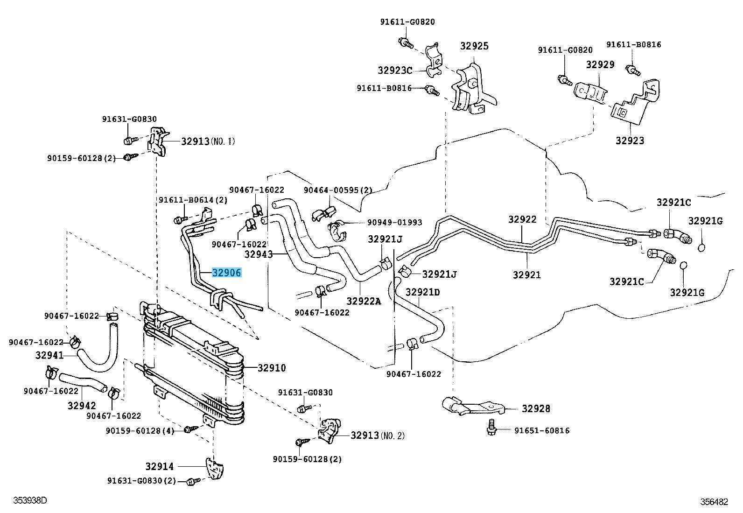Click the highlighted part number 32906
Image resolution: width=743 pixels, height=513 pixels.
pyautogui.click(x=227, y=273)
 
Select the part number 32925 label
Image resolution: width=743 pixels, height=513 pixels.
pyautogui.click(x=474, y=46)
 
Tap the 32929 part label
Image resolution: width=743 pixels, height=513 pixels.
pyautogui.click(x=600, y=64)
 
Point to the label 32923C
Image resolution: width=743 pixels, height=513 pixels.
pyautogui.click(x=395, y=70)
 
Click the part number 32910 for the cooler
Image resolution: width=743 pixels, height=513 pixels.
pyautogui.click(x=272, y=368)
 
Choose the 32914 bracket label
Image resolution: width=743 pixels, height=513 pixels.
pyautogui.click(x=159, y=466)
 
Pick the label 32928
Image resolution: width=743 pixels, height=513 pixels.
pyautogui.click(x=536, y=408)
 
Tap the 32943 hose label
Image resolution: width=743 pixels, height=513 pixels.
pyautogui.click(x=259, y=254)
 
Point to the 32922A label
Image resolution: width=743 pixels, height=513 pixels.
pyautogui.click(x=364, y=301)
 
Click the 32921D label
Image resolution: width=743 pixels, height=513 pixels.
pyautogui.click(x=422, y=292)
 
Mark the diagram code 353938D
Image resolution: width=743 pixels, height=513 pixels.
pyautogui.click(x=30, y=501)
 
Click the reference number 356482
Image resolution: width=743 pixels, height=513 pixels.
pyautogui.click(x=714, y=502)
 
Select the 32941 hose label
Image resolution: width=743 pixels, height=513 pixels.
pyautogui.click(x=49, y=355)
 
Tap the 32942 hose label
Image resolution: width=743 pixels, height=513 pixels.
pyautogui.click(x=82, y=406)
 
